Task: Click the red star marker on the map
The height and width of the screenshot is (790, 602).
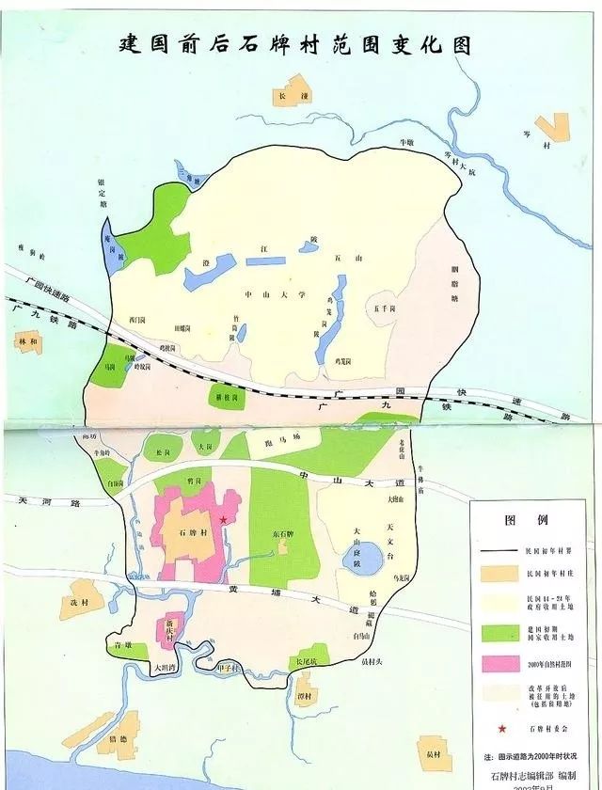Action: pyautogui.click(x=223, y=519)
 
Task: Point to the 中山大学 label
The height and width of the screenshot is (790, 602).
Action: pyautogui.click(x=276, y=294)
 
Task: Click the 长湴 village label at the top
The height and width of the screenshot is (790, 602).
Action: pyautogui.click(x=284, y=97)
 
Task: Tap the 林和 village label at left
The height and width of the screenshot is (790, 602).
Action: pyautogui.click(x=29, y=342)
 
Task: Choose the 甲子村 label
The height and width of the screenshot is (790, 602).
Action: pyautogui.click(x=230, y=668)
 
